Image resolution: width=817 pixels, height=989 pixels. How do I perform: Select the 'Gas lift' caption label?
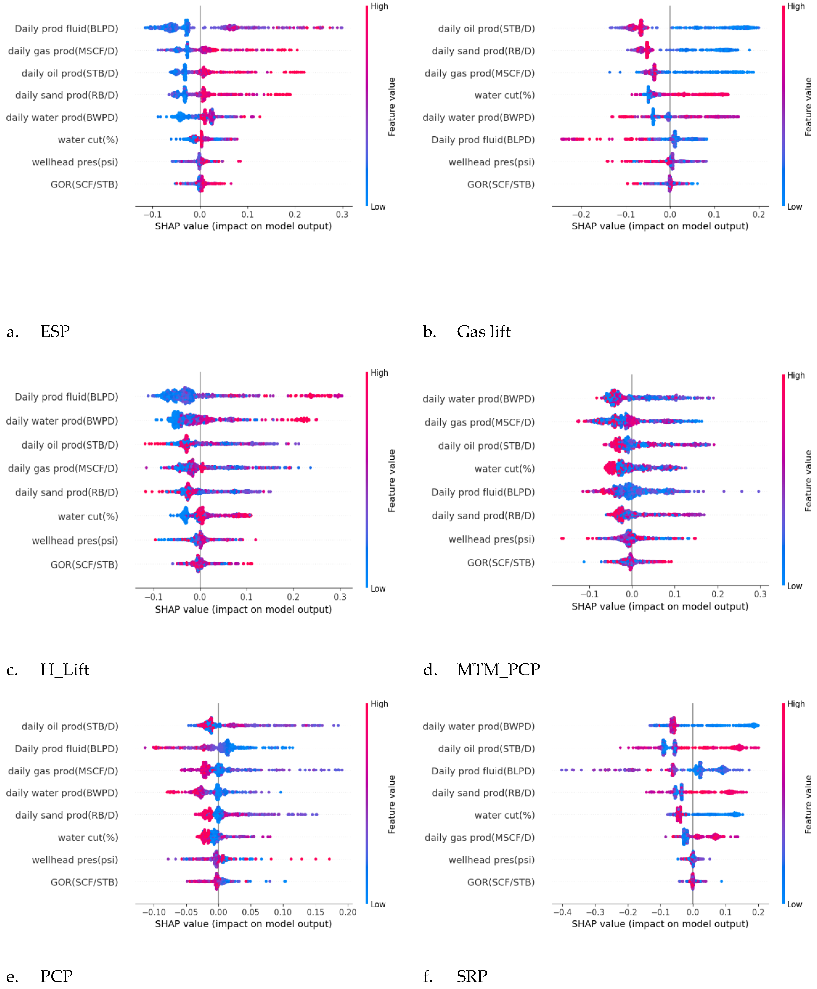tap(483, 332)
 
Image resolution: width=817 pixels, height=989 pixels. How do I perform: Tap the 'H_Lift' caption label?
tap(64, 670)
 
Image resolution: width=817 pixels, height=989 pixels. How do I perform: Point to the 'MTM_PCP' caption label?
tap(498, 670)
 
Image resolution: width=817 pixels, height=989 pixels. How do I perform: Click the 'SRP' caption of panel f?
tap(471, 976)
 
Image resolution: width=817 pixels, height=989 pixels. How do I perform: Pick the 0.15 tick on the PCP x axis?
tap(315, 912)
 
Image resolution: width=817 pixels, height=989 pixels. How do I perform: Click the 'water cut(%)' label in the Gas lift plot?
tap(504, 95)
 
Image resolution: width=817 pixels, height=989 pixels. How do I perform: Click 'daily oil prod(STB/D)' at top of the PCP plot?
tap(70, 726)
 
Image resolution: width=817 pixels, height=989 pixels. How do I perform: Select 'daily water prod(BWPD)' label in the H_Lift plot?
tap(62, 421)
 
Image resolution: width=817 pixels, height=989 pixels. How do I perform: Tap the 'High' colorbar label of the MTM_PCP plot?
tap(796, 376)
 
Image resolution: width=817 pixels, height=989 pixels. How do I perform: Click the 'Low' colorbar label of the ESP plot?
tap(378, 207)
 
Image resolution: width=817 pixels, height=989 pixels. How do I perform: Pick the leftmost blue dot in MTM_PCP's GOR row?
tap(584, 561)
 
